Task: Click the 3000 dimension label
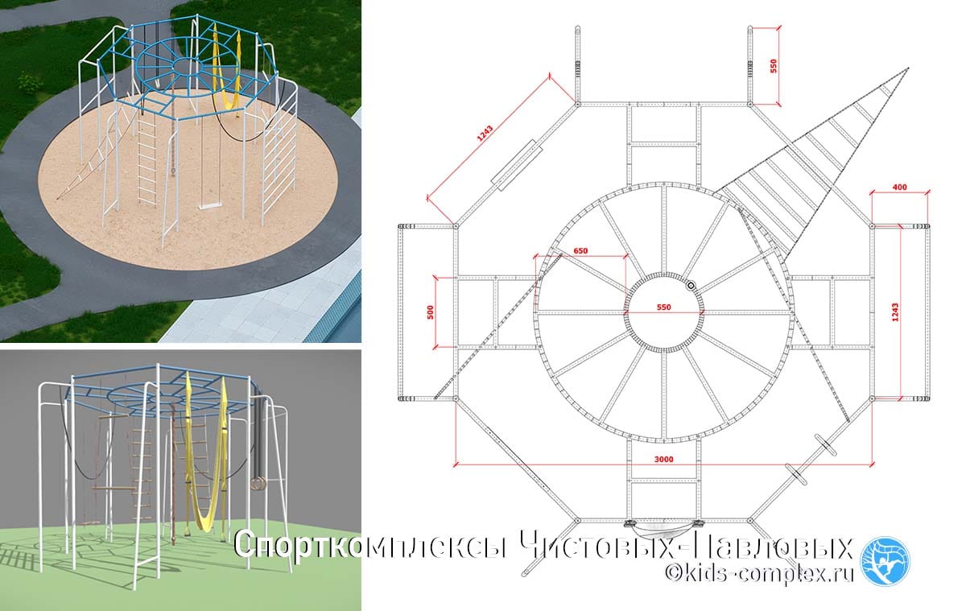coord(663,459)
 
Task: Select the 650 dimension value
coord(580,251)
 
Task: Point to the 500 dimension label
coord(431,312)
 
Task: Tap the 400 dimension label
coord(900,187)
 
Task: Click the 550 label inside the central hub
coord(663,308)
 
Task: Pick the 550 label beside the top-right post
coord(774,66)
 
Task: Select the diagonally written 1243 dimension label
coord(485,134)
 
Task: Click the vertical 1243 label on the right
coord(895,312)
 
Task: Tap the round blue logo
coord(885,561)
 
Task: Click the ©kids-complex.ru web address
coord(759,573)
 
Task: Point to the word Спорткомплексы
coord(371,546)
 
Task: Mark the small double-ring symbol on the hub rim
coord(691,286)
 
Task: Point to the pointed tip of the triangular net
coord(908,69)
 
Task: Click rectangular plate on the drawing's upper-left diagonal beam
coord(516,165)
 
